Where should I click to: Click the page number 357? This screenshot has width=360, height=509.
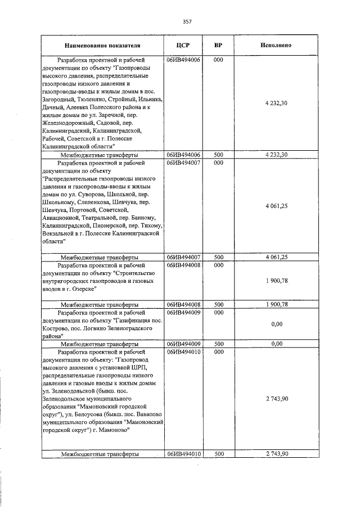[x=187, y=21]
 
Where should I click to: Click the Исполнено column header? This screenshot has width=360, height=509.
[x=276, y=44]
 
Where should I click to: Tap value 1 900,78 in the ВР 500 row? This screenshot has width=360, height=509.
[x=276, y=304]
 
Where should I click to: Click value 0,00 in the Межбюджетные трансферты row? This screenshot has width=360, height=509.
[x=276, y=343]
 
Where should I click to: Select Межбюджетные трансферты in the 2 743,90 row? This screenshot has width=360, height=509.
[x=100, y=454]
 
